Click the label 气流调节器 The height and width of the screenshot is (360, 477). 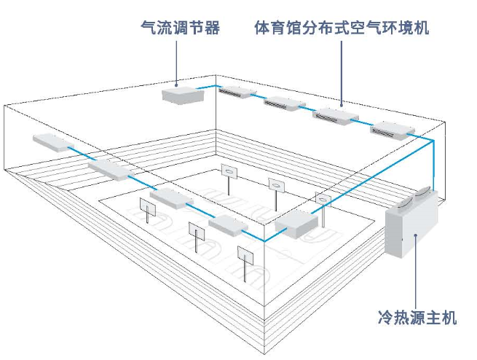pyautogui.click(x=180, y=28)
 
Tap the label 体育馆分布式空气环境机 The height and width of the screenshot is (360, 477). pyautogui.click(x=342, y=28)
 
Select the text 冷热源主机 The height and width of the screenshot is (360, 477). pyautogui.click(x=417, y=318)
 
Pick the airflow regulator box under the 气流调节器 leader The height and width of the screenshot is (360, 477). pyautogui.click(x=183, y=95)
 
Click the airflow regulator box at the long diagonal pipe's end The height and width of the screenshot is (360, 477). pyautogui.click(x=296, y=224)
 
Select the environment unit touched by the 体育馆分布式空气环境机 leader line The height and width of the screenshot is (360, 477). pyautogui.click(x=336, y=116)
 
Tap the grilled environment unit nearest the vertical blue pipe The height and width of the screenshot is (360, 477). pyautogui.click(x=393, y=130)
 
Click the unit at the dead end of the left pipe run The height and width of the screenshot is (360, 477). pyautogui.click(x=54, y=142)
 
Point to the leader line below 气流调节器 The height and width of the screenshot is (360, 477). pyautogui.click(x=176, y=63)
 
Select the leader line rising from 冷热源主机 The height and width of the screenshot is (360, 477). pyautogui.click(x=416, y=270)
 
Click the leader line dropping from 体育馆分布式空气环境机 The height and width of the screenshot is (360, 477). pyautogui.click(x=341, y=74)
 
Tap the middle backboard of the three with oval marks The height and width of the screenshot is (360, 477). pyautogui.click(x=277, y=185)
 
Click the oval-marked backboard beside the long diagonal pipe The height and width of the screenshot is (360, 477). pyautogui.click(x=323, y=200)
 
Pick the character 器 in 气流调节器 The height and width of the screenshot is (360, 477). pyautogui.click(x=212, y=28)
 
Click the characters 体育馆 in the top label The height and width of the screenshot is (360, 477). pyautogui.click(x=278, y=28)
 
